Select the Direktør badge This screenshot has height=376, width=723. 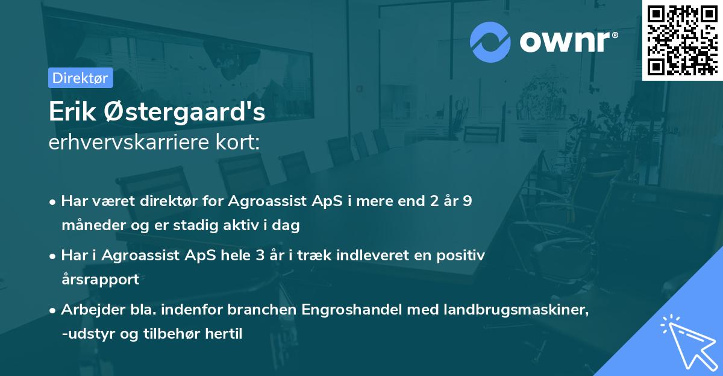80,77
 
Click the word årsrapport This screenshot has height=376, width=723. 100,279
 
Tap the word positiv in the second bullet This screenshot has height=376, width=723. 460,255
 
